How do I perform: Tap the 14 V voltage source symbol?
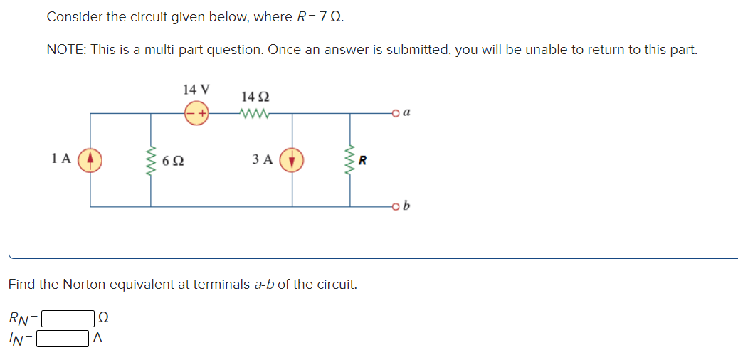[196, 112]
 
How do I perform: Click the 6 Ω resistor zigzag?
[150, 159]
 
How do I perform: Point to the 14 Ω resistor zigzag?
[255, 112]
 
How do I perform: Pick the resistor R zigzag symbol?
[349, 159]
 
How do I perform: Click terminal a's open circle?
[396, 112]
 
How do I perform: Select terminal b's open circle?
[396, 207]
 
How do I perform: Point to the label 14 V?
[196, 90]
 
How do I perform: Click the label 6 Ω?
[173, 161]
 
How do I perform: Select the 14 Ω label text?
[255, 96]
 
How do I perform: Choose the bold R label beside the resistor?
[363, 160]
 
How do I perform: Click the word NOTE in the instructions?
[65, 50]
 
